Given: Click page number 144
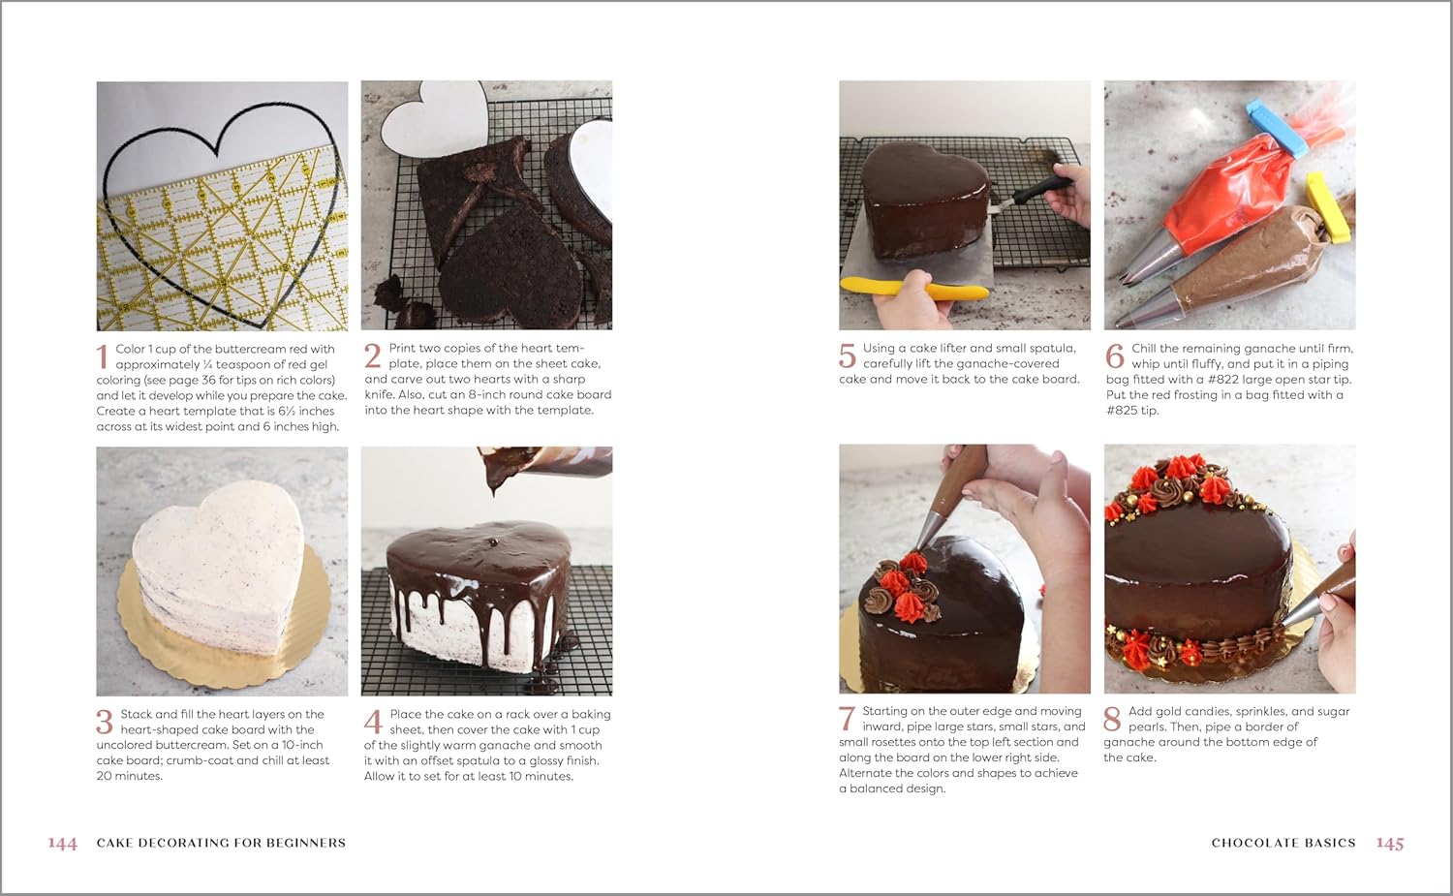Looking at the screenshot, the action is pos(62,843).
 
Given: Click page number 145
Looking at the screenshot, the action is pos(1390,843).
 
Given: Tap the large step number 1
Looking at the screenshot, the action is pos(103,357).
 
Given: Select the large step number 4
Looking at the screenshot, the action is pos(373,722).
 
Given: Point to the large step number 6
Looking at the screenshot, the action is pos(1114,356).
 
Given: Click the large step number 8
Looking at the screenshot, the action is pos(1112,719).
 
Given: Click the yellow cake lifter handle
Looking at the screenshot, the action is pos(914,288).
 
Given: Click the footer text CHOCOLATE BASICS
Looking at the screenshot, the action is pos(1283,843).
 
